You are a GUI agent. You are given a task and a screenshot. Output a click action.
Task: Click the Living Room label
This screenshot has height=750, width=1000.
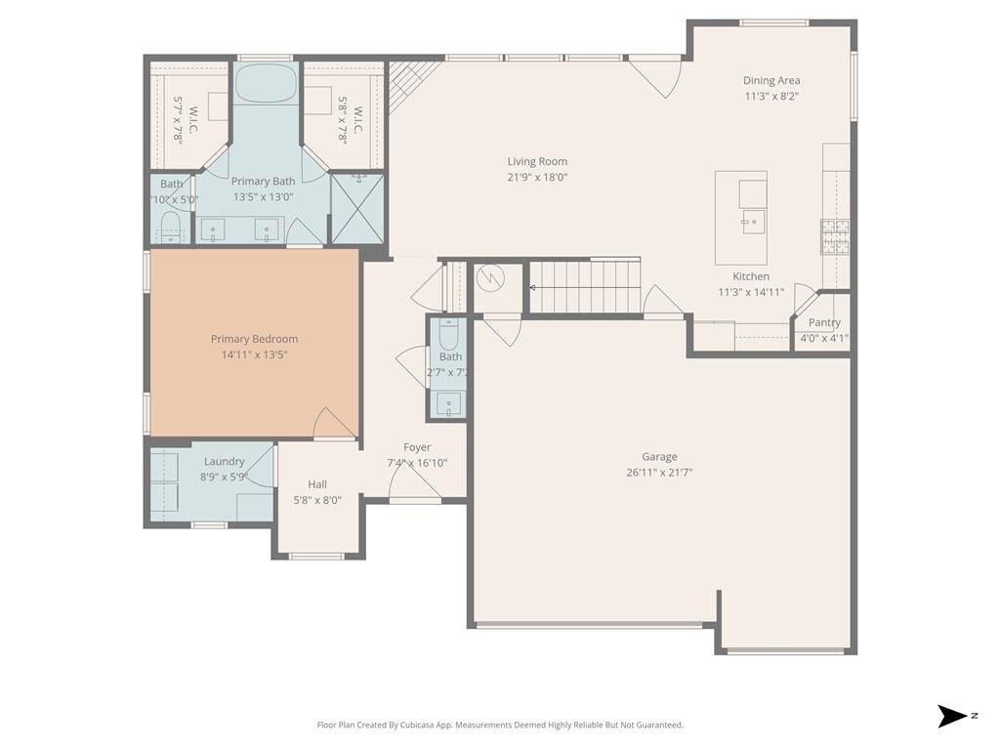(x=536, y=162)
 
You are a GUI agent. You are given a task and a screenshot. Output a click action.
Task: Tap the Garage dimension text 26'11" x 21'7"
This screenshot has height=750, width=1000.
(x=659, y=473)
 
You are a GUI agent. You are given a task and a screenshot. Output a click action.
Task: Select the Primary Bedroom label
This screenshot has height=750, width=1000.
(x=254, y=339)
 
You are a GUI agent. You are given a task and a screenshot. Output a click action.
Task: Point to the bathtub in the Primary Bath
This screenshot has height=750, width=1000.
(x=266, y=84)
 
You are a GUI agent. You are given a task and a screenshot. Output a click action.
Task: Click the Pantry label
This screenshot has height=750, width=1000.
(x=823, y=323)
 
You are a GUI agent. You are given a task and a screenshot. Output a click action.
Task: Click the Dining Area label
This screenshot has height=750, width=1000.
(x=771, y=81)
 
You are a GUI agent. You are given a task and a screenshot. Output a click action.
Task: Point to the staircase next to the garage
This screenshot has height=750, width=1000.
(x=584, y=287)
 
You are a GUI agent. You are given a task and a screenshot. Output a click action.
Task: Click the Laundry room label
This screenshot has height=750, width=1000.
(x=224, y=462)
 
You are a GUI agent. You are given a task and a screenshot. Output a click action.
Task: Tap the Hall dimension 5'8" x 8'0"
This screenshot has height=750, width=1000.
(x=317, y=500)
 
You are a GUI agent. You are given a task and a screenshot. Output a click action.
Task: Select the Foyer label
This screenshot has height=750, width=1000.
(x=417, y=447)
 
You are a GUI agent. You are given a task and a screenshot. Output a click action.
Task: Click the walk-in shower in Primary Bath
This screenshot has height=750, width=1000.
(x=356, y=207)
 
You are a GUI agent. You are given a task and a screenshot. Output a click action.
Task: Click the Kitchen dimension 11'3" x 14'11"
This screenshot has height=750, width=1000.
(x=751, y=292)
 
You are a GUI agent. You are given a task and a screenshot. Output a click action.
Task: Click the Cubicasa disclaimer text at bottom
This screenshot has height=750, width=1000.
(x=500, y=726)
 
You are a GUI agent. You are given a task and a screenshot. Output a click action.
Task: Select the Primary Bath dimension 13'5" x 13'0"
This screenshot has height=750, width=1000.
(x=263, y=197)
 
